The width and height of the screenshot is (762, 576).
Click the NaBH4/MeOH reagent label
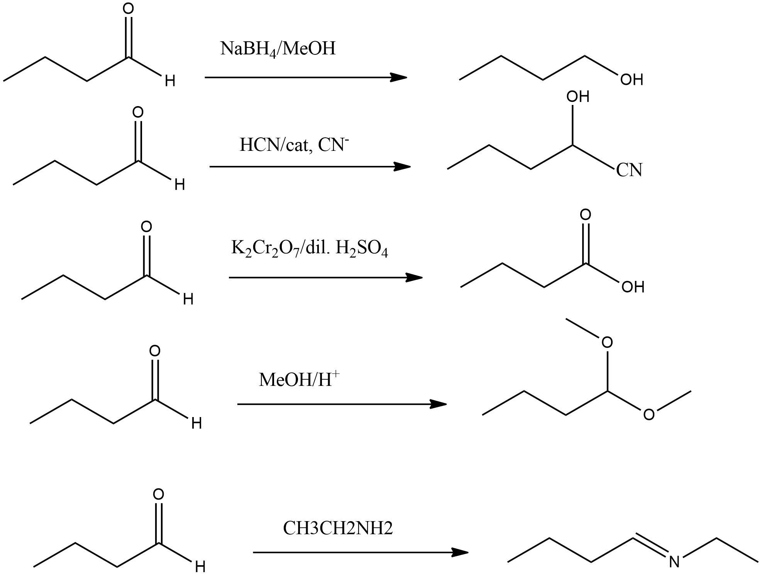[x=278, y=49]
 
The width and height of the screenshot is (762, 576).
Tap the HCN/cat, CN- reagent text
[x=294, y=145]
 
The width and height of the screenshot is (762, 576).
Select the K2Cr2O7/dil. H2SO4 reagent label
[x=309, y=248]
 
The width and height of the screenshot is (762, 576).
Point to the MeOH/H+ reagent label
[x=299, y=379]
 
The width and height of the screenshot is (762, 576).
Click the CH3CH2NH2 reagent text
[x=338, y=528]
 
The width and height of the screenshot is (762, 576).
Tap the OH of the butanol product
[x=632, y=80]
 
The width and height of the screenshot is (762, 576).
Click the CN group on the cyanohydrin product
[x=629, y=170]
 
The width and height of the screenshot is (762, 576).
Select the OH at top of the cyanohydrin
[x=578, y=97]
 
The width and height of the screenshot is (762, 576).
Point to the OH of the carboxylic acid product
[x=633, y=287]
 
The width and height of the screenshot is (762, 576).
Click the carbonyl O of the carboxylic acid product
[x=586, y=215]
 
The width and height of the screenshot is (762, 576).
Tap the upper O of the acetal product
[x=607, y=342]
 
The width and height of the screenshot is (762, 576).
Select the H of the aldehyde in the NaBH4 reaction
[x=170, y=81]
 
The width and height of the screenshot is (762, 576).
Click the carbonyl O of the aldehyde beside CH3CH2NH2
[x=158, y=494]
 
